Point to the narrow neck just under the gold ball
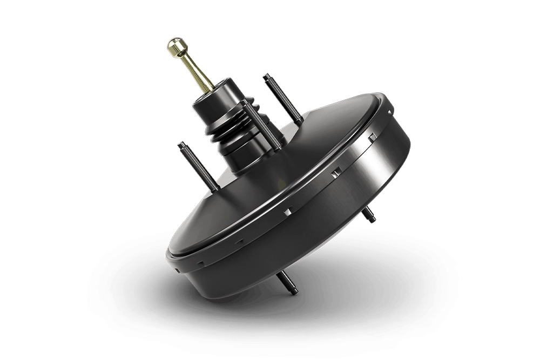[180, 57]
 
